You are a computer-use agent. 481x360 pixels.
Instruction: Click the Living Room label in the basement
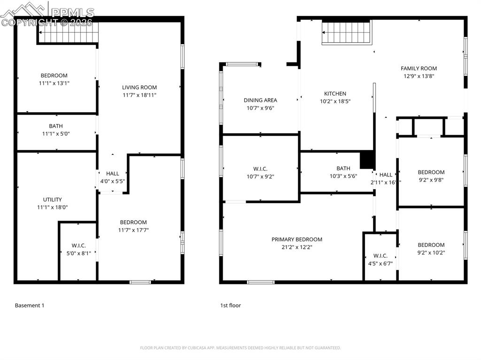(x=139, y=87)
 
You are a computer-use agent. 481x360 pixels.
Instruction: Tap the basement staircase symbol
(x=69, y=34)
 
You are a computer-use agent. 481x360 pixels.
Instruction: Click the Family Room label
(x=419, y=68)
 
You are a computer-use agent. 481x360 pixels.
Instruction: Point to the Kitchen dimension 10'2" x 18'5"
(x=335, y=101)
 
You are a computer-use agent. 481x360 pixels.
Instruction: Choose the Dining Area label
(x=260, y=100)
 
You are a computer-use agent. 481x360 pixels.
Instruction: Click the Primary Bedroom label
(x=296, y=239)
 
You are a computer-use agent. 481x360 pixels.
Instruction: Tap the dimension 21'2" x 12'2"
(x=296, y=247)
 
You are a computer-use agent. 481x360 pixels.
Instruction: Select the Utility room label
(x=52, y=199)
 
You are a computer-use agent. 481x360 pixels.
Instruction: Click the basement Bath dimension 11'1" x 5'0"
(x=55, y=134)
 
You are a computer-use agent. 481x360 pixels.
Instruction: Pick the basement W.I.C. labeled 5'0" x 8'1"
(x=78, y=249)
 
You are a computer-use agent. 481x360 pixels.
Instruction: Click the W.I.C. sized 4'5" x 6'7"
(x=380, y=260)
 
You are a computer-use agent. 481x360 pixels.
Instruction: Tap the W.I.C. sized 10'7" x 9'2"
(x=260, y=173)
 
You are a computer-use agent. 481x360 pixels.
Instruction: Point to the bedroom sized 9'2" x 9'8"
(x=431, y=176)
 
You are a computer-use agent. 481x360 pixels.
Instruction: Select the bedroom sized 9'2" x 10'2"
(x=431, y=248)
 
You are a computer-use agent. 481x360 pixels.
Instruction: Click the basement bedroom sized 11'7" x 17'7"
(x=133, y=226)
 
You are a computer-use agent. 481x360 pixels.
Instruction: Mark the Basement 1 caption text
(x=30, y=306)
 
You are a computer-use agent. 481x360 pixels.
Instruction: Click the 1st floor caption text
(x=230, y=306)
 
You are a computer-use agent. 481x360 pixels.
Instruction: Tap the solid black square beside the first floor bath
(x=366, y=160)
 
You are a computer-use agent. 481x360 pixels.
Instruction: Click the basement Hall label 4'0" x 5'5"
(x=112, y=177)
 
